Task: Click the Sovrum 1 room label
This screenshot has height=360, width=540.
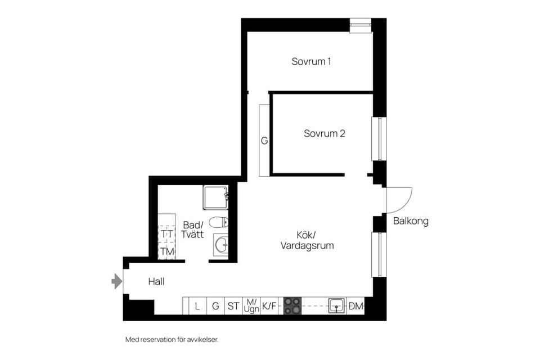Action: (x=310, y=61)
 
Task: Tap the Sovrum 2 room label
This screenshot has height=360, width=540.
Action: (x=324, y=134)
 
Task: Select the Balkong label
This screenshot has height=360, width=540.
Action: (x=411, y=221)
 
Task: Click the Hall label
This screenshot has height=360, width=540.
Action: (x=156, y=281)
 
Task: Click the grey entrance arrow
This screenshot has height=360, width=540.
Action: (x=117, y=281)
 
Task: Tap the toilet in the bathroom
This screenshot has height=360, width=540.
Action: (x=218, y=222)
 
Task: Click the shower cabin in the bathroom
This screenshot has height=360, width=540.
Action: (x=215, y=196)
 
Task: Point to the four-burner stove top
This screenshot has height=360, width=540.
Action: (x=292, y=305)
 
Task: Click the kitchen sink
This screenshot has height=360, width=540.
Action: (x=336, y=305)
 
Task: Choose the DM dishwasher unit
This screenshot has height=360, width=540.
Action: (x=356, y=306)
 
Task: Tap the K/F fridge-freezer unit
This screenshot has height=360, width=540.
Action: (x=269, y=306)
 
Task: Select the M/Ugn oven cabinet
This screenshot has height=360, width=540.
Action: (x=251, y=306)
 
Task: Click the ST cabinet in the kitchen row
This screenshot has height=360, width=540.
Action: (x=233, y=306)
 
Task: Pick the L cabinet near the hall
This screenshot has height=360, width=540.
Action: (x=197, y=306)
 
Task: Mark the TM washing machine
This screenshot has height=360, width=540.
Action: (x=167, y=251)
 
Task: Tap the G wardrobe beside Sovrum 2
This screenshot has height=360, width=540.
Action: (x=264, y=141)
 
